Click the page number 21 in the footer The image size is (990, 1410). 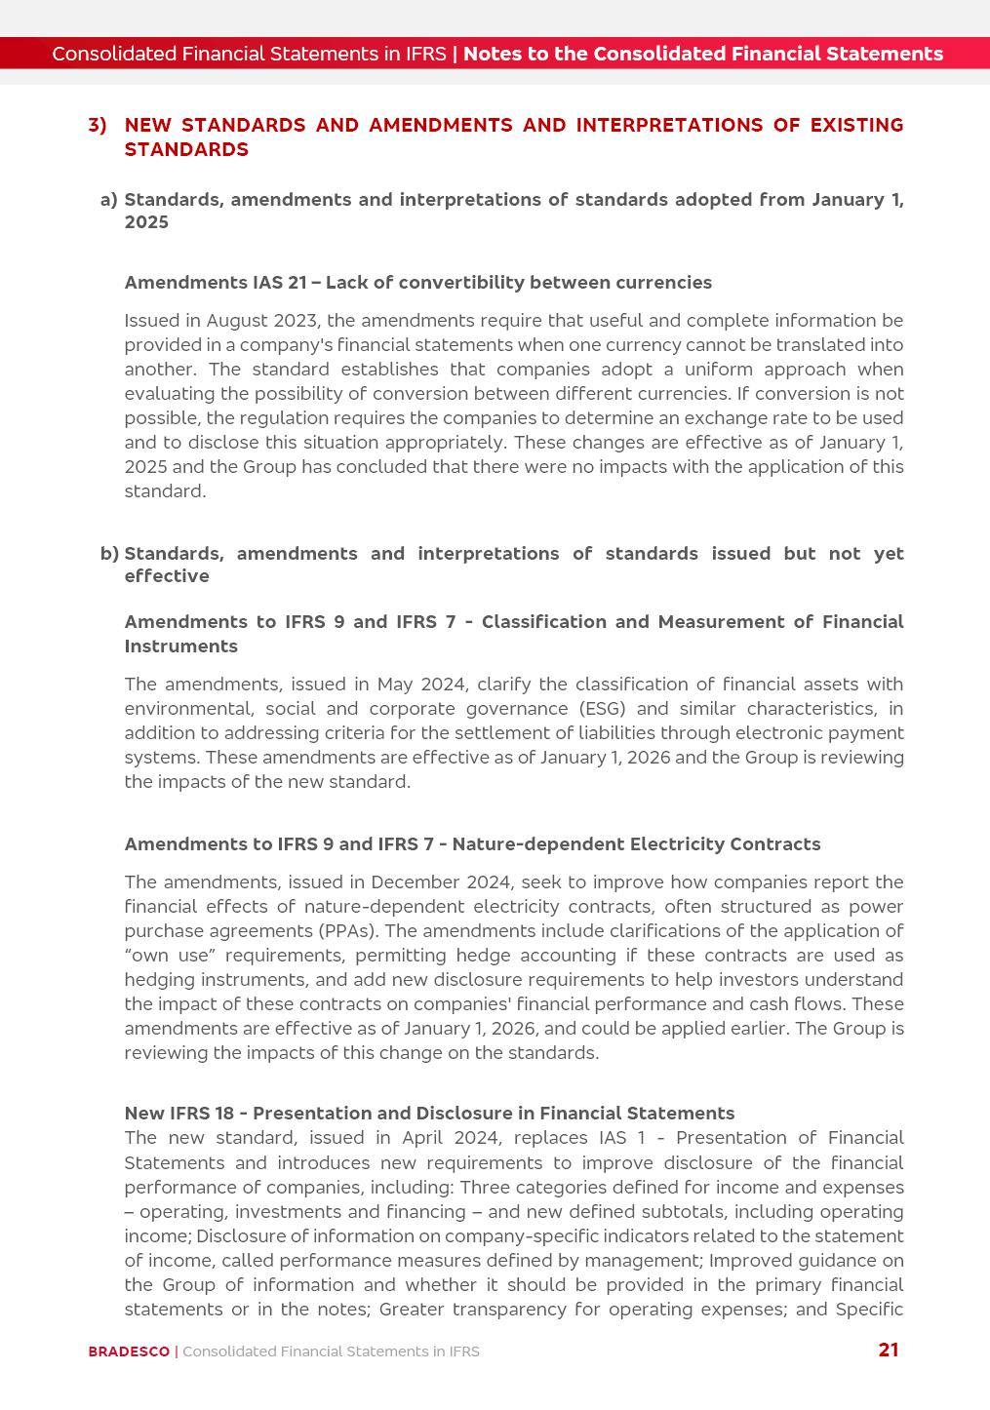[888, 1350]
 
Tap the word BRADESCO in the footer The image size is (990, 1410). [129, 1351]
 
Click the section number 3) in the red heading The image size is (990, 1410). [98, 125]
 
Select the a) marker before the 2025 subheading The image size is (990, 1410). [108, 200]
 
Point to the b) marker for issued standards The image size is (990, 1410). [109, 554]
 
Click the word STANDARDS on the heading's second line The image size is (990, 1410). [186, 149]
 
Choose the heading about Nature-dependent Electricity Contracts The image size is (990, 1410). [472, 844]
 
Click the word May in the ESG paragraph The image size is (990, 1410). [395, 685]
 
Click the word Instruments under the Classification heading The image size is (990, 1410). [180, 646]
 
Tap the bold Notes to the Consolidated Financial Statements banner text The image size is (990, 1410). [702, 54]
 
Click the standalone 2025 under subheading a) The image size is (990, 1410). [146, 222]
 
